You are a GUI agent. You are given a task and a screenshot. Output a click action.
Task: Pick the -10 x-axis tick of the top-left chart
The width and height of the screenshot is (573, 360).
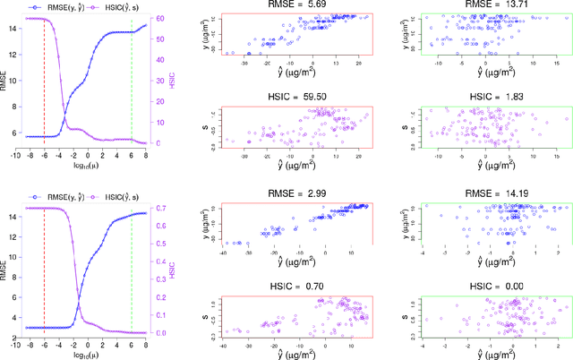(15, 156)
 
